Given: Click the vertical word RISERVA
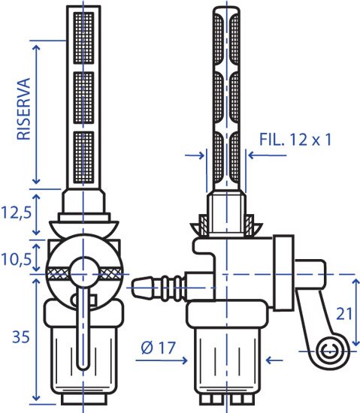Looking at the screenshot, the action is (24, 109).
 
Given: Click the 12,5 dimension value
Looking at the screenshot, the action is (16, 213).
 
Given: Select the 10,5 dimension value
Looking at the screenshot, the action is (16, 260).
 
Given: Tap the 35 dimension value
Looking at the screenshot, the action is (20, 336).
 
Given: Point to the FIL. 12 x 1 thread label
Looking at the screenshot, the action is (295, 140).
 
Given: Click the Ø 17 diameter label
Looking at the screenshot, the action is (159, 348).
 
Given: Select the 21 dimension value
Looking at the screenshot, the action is (344, 314).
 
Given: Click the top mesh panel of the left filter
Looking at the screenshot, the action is (83, 38).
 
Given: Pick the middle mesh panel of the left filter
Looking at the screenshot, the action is (83, 98).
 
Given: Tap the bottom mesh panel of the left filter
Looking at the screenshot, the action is (83, 157).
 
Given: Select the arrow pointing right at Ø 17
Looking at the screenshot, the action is (162, 360).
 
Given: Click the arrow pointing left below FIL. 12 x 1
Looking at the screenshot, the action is (268, 155).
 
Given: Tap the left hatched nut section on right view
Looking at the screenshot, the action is (203, 225).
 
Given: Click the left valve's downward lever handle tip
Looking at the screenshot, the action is (83, 366).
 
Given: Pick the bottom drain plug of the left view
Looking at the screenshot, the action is (84, 399).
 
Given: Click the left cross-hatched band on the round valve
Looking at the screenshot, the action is (59, 273).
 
